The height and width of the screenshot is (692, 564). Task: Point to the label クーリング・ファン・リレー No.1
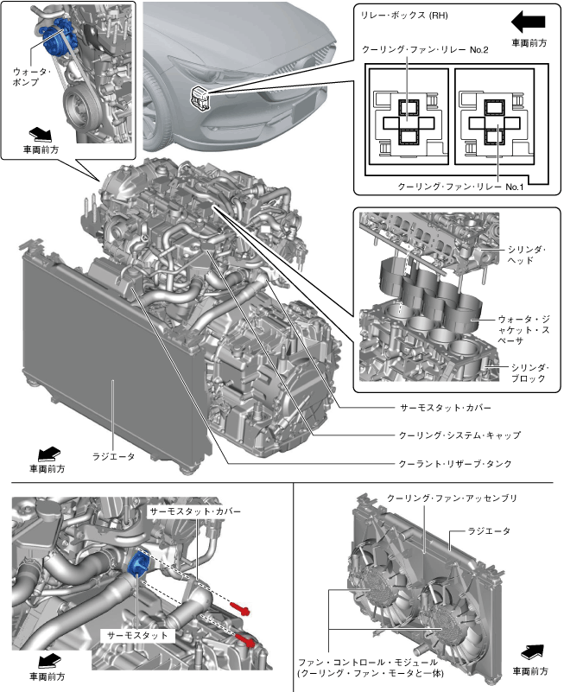[460, 186]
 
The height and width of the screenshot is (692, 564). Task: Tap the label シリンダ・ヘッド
[525, 254]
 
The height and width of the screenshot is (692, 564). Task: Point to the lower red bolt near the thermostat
[245, 640]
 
